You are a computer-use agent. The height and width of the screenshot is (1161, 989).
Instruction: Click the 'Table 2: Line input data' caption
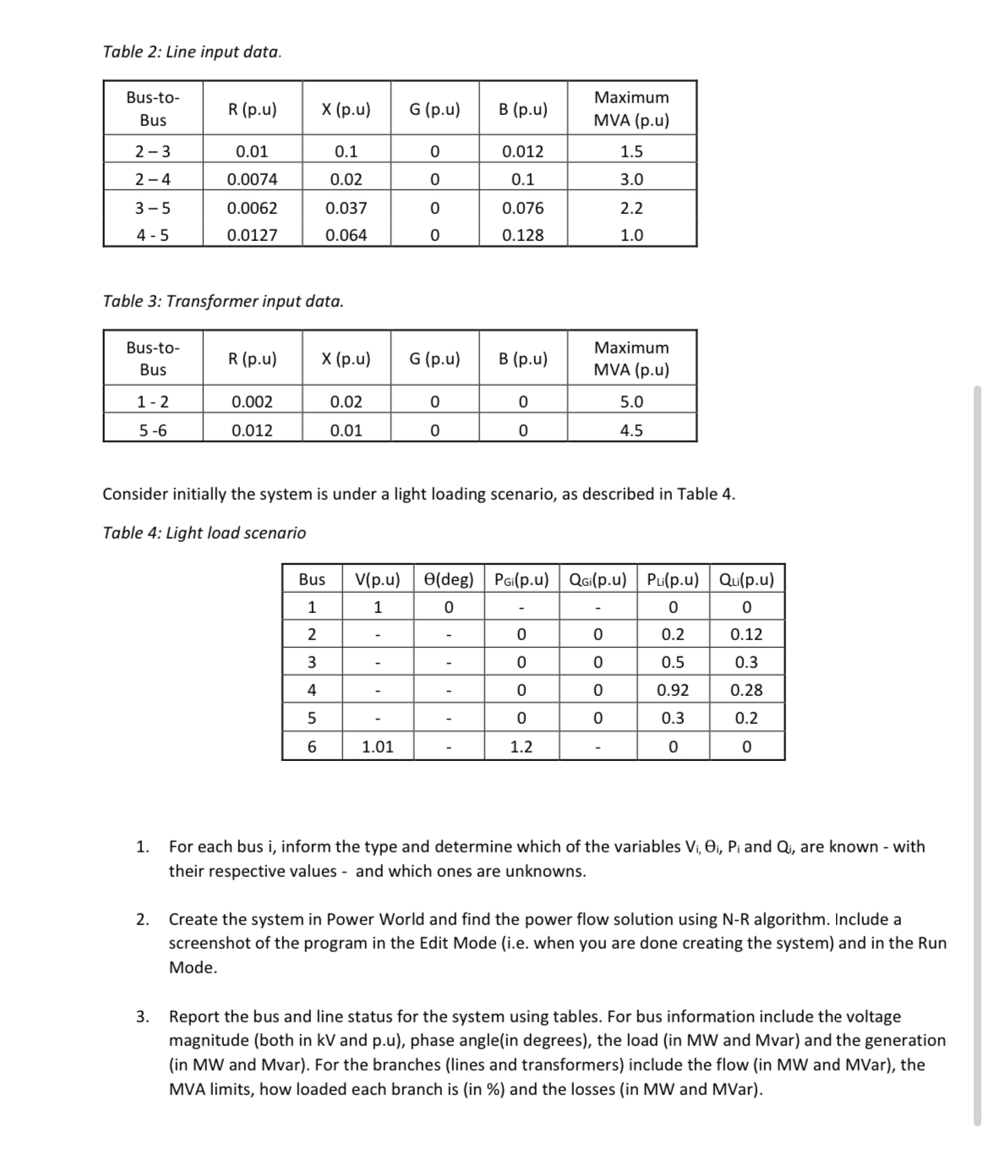click(192, 52)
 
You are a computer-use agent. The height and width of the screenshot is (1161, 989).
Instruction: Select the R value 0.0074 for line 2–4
click(252, 179)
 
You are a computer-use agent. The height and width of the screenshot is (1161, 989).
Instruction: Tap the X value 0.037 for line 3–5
click(346, 207)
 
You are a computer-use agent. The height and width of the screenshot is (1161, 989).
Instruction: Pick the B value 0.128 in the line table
click(522, 235)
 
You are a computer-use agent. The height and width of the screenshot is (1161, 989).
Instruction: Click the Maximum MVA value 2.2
click(631, 207)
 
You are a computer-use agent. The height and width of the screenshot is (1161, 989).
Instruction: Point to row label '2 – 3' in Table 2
click(152, 151)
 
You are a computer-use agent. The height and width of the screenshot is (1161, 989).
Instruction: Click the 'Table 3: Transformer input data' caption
click(222, 301)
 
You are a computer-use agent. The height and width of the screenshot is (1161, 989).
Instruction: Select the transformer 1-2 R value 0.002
click(252, 402)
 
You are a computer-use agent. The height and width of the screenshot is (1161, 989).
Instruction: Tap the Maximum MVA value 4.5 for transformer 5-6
click(631, 430)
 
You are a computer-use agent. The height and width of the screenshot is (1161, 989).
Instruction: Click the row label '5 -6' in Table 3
click(152, 430)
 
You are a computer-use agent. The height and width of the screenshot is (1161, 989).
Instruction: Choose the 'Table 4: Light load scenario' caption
click(204, 533)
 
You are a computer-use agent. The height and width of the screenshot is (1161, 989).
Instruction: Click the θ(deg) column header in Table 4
click(449, 579)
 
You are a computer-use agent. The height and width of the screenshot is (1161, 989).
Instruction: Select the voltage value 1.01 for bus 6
click(377, 746)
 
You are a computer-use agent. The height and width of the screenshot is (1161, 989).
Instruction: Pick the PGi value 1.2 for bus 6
click(521, 746)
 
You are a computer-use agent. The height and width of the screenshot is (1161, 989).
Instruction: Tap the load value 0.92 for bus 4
click(672, 690)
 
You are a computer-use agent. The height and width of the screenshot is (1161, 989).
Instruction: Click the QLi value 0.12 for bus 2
click(746, 634)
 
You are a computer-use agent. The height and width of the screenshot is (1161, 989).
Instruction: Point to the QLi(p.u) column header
click(746, 579)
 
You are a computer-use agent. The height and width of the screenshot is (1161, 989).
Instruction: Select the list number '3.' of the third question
click(143, 1016)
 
